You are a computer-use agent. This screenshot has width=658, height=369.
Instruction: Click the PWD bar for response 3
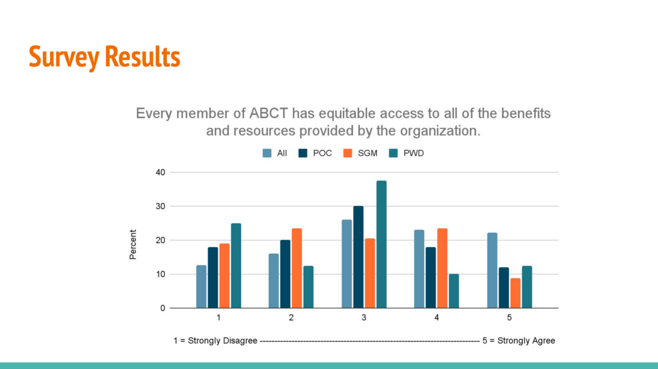(x=382, y=245)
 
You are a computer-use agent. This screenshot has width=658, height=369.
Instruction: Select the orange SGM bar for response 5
(x=515, y=293)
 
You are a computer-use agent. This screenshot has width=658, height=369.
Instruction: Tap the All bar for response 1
(x=202, y=287)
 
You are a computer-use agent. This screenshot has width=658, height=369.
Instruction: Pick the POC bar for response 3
(x=358, y=257)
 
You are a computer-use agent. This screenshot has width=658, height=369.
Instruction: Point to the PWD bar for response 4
(x=454, y=291)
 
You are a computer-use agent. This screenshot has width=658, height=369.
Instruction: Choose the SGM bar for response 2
(x=297, y=269)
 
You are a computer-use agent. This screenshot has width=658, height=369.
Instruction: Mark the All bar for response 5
(x=492, y=270)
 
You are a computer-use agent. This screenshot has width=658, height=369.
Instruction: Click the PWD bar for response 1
(x=236, y=266)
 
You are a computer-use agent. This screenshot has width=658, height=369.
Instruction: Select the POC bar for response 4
(x=431, y=278)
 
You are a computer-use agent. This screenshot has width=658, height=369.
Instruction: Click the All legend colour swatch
(x=267, y=153)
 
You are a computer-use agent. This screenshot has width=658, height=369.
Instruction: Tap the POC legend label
(x=322, y=153)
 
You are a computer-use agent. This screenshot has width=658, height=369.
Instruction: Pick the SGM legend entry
(x=360, y=153)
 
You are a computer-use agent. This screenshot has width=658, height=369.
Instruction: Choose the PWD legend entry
(x=406, y=153)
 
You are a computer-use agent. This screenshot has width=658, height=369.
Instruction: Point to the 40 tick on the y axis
(x=160, y=172)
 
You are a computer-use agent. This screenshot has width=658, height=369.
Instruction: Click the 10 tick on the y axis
(x=160, y=274)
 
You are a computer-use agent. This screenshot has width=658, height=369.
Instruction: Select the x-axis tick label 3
(x=364, y=318)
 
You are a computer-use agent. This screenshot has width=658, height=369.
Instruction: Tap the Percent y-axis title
(x=133, y=245)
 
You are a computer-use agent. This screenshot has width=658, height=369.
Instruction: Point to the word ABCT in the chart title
(x=269, y=113)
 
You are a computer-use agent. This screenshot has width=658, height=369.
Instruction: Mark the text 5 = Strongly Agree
(x=519, y=341)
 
